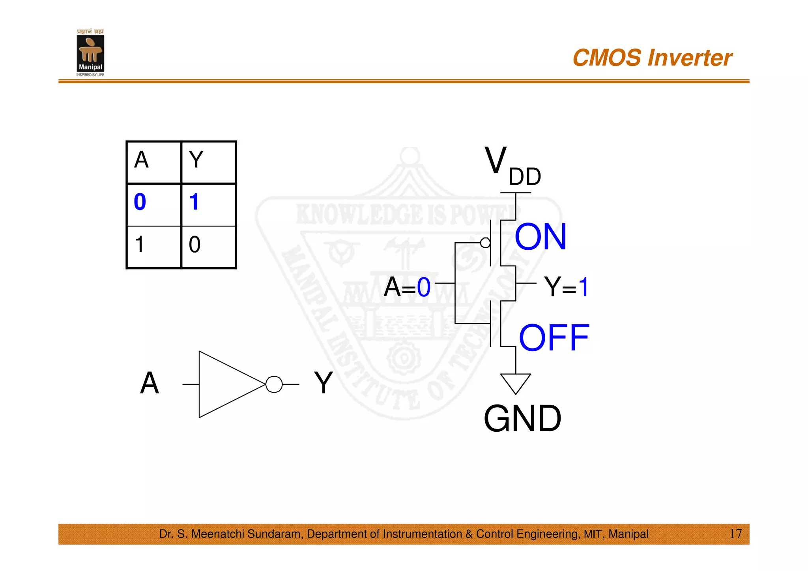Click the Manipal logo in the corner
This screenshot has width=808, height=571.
click(x=90, y=53)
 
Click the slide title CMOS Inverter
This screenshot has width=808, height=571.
click(x=652, y=58)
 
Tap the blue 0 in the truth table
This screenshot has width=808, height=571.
click(x=140, y=202)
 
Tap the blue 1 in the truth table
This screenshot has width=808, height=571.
click(x=194, y=202)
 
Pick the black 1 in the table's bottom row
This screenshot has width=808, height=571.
click(x=139, y=244)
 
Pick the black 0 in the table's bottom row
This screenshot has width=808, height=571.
click(x=195, y=245)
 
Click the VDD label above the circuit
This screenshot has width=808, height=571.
click(x=512, y=166)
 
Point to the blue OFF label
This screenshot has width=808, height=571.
click(x=554, y=338)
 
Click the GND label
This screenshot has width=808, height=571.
click(x=522, y=419)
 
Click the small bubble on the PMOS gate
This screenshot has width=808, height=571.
click(x=485, y=243)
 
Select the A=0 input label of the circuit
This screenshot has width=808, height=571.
click(x=407, y=287)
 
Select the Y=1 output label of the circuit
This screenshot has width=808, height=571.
click(x=566, y=287)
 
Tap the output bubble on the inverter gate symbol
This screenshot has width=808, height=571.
click(x=274, y=384)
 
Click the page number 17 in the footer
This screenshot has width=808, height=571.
click(x=735, y=534)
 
